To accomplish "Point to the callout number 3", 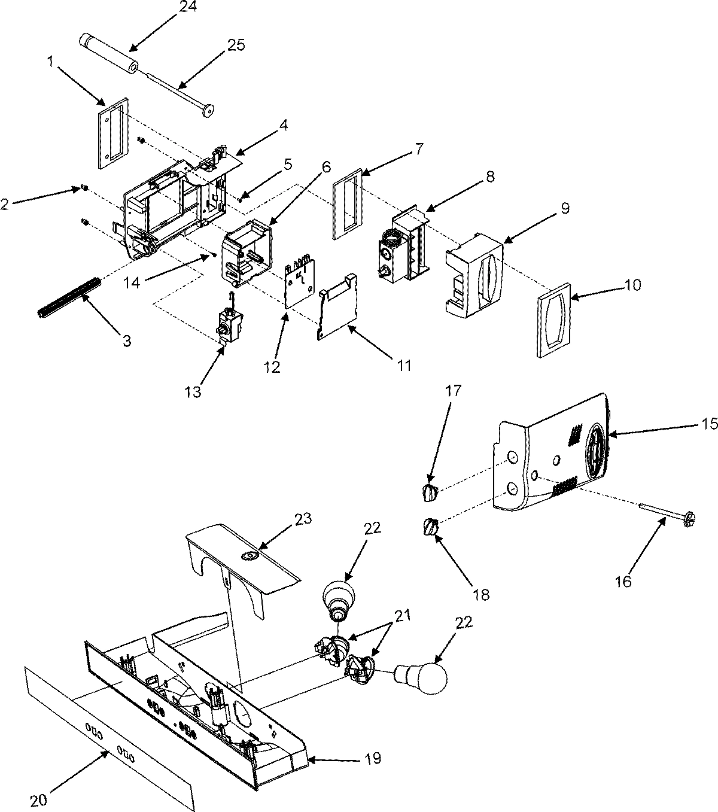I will [126, 341].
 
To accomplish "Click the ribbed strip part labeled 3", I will [68, 297].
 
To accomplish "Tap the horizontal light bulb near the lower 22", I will [422, 678].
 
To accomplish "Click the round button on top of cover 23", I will [247, 556].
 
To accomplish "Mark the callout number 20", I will [38, 799].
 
